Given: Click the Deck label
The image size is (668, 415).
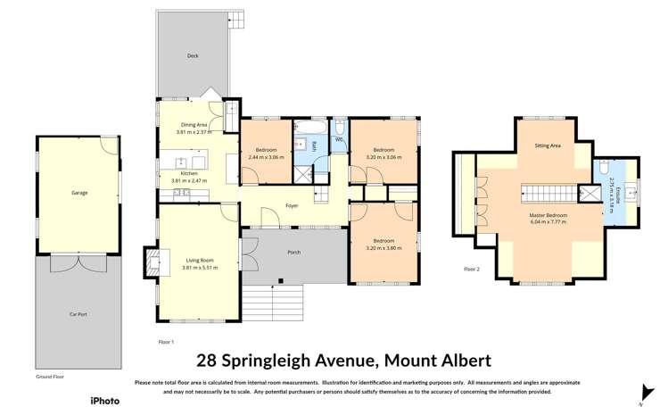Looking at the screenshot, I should (193, 56).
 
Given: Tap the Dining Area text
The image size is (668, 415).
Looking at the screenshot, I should (194, 125).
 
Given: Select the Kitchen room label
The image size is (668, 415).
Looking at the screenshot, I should (188, 175).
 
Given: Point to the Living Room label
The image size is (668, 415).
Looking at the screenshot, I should (200, 261).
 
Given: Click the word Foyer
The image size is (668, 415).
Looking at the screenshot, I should (292, 206).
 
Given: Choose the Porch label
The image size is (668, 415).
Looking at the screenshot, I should (294, 253).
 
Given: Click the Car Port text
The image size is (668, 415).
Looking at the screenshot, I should (79, 315).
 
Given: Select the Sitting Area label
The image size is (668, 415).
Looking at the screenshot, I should (547, 145).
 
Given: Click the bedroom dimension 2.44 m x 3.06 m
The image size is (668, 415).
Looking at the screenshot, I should (267, 157).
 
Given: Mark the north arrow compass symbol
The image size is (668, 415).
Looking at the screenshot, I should (647, 391).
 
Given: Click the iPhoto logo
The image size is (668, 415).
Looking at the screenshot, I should (105, 401).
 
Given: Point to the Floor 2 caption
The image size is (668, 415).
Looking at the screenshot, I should (472, 269).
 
